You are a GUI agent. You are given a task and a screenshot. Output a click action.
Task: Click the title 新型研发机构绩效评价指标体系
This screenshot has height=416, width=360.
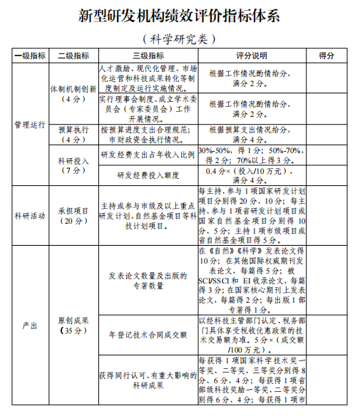point(179,16)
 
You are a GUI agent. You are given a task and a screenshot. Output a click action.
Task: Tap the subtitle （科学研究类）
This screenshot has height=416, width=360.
point(179,39)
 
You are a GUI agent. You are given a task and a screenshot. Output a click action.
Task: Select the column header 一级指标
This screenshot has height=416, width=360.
point(30,56)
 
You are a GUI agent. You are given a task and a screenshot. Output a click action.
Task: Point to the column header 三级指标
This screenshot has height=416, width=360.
point(148,56)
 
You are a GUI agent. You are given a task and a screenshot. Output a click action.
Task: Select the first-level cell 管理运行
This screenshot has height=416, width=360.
point(30,125)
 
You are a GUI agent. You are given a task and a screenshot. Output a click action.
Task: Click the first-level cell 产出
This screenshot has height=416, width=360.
point(30,326)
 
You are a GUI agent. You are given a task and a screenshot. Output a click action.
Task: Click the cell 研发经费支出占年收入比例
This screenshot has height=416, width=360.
point(148,155)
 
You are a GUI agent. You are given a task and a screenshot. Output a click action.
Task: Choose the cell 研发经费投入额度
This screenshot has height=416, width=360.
point(148,175)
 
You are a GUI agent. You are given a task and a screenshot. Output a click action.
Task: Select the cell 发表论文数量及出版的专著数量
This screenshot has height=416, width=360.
point(148,281)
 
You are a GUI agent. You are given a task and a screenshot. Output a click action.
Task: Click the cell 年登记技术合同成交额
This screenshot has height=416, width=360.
point(148,333)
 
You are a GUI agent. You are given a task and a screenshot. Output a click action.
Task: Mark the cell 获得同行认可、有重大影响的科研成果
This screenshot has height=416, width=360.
point(148,380)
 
